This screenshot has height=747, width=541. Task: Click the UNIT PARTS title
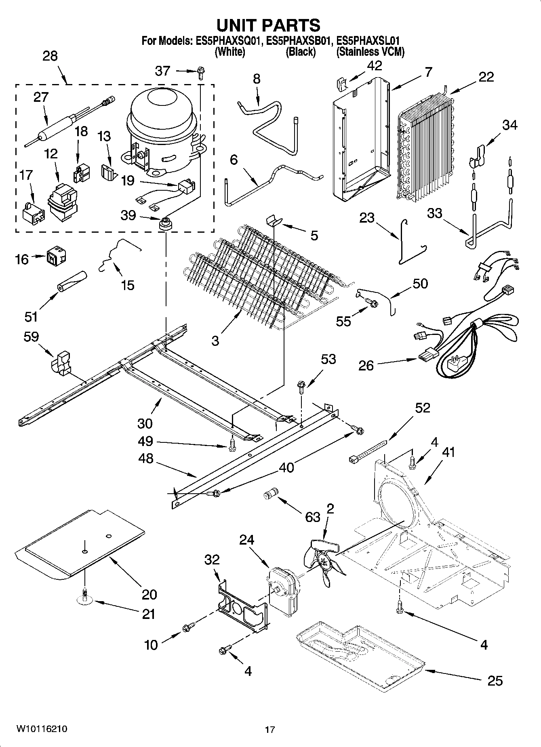269,25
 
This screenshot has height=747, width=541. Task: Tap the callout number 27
41,97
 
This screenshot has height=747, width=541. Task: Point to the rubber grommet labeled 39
165,223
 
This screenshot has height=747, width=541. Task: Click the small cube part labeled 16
56,256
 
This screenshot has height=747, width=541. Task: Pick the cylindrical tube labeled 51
72,280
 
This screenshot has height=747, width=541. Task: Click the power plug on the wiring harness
453,365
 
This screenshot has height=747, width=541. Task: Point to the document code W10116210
42,729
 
